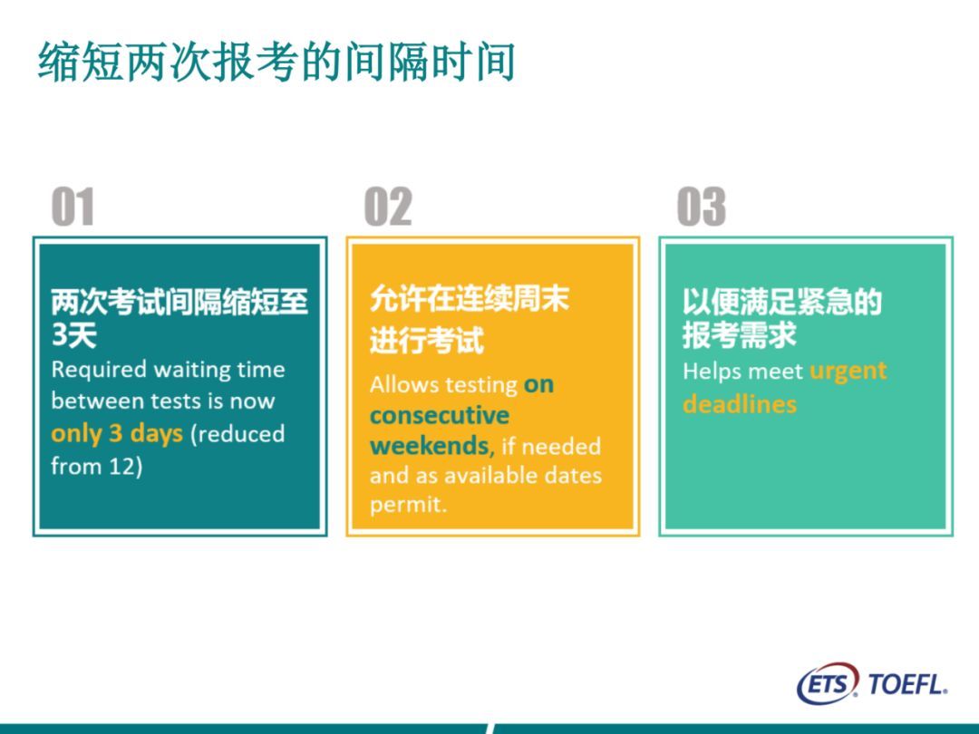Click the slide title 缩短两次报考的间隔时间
276,62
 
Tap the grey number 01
73,206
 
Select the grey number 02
388,206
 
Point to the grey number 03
701,206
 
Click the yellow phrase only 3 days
117,434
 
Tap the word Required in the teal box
100,370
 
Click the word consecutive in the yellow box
440,414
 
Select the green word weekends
430,445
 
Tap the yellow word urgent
848,372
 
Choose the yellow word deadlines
740,404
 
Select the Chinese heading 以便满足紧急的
781,302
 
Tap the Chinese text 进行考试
426,341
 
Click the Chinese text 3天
73,335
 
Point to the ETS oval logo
828,683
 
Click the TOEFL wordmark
907,684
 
